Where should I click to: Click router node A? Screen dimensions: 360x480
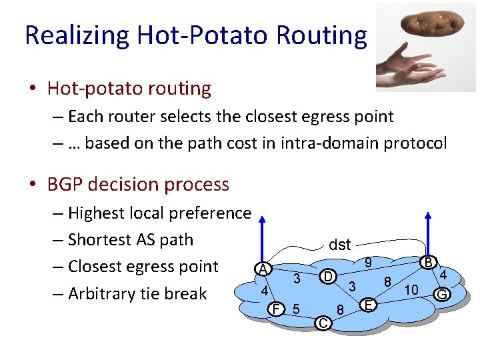point(264,269)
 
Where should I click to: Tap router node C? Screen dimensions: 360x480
point(322,323)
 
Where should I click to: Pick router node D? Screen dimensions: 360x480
point(327,275)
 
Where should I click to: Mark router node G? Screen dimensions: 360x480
point(441,293)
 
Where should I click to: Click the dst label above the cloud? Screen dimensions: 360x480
point(339,245)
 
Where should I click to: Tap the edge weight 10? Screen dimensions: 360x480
point(411,290)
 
